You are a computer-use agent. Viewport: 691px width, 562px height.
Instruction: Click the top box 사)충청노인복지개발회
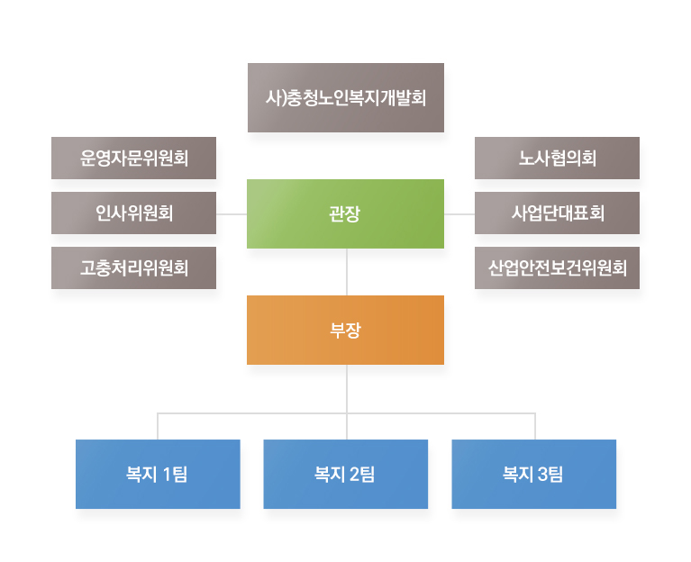(x=346, y=97)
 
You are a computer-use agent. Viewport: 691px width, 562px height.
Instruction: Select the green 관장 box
(x=345, y=213)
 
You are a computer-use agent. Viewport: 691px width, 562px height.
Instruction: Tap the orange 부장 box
(x=345, y=330)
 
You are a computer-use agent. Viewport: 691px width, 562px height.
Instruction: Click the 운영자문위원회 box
(x=133, y=158)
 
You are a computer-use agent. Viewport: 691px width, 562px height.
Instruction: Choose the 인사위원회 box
(x=133, y=213)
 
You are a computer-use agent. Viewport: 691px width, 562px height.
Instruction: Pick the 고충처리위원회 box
(x=133, y=267)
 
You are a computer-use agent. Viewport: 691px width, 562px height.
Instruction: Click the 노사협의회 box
(x=557, y=158)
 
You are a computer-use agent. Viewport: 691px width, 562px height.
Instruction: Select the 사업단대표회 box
(x=557, y=213)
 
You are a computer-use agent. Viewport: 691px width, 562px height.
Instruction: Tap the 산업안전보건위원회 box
(x=557, y=267)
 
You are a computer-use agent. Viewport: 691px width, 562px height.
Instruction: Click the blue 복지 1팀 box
(x=158, y=474)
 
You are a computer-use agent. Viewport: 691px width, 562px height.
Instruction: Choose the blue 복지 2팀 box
(x=346, y=474)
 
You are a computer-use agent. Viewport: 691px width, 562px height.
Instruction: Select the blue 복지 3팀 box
(x=533, y=474)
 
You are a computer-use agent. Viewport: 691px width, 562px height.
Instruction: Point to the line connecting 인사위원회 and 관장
(x=232, y=214)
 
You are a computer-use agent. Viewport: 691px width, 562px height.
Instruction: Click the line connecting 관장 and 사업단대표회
(x=459, y=214)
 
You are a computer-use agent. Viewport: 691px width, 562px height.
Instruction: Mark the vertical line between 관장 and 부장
(x=347, y=272)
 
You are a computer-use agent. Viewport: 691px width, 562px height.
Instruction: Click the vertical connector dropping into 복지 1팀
(x=158, y=426)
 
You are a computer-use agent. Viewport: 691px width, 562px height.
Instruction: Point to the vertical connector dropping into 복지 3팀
(x=535, y=426)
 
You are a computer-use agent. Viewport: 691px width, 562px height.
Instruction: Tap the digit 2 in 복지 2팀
(x=355, y=475)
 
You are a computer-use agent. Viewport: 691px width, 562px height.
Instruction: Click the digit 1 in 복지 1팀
(x=167, y=475)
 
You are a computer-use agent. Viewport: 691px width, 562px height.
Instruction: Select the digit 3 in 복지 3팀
(x=543, y=475)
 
